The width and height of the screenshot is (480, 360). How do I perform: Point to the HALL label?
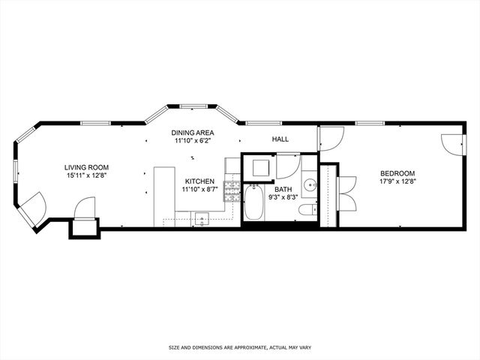click(x=280, y=139)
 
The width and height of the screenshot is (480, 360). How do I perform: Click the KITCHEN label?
click(x=199, y=181)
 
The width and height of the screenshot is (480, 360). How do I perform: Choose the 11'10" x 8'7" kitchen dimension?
click(x=199, y=190)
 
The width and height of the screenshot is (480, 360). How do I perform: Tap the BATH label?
click(x=283, y=190)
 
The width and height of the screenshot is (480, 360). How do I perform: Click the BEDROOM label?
click(x=397, y=173)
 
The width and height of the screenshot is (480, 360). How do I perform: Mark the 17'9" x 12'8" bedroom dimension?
click(x=397, y=181)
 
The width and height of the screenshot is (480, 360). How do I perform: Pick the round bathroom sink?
click(x=310, y=185)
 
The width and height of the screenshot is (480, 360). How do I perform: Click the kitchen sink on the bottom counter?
click(x=201, y=219)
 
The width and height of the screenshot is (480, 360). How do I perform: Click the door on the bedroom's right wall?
click(x=452, y=144)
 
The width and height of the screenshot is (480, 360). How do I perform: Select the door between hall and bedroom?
click(x=330, y=138)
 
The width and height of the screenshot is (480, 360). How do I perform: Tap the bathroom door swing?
click(x=287, y=165)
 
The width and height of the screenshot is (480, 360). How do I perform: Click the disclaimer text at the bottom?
click(x=240, y=348)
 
